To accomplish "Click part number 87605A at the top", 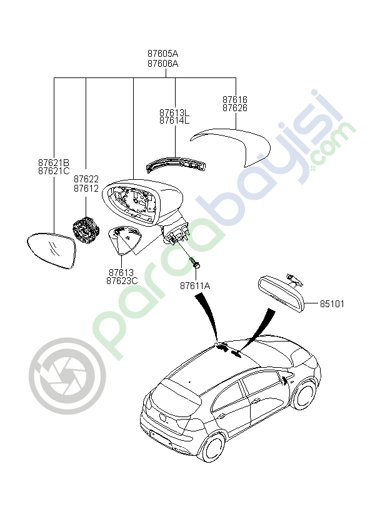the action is pyautogui.click(x=162, y=53).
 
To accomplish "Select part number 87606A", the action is pyautogui.click(x=162, y=63).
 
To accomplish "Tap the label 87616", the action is pyautogui.click(x=235, y=99).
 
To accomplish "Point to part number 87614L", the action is pyautogui.click(x=174, y=121).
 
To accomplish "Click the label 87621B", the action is pyautogui.click(x=54, y=162).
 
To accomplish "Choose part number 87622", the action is pyautogui.click(x=86, y=179).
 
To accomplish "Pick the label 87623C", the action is pyautogui.click(x=122, y=281).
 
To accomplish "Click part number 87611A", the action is pyautogui.click(x=195, y=286).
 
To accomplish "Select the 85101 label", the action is pyautogui.click(x=332, y=304).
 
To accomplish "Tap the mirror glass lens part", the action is pyautogui.click(x=51, y=250).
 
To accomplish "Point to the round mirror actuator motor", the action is pyautogui.click(x=86, y=230).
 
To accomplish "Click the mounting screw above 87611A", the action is pyautogui.click(x=195, y=262).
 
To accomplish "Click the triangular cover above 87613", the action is pyautogui.click(x=125, y=240).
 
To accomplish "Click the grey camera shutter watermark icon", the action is pyautogui.click(x=67, y=376).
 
